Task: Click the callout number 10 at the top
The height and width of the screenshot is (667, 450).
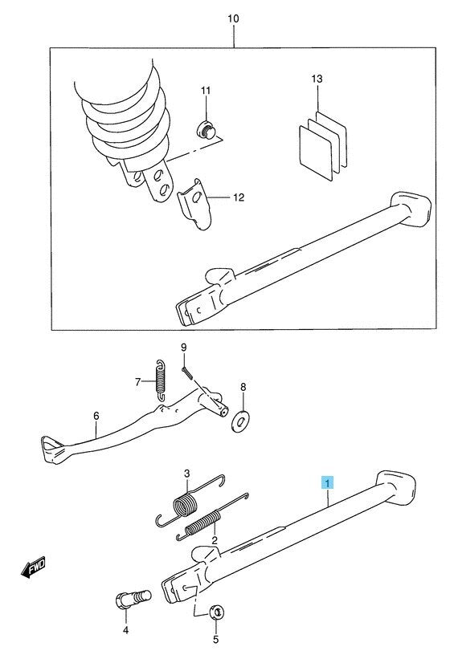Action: [233, 17]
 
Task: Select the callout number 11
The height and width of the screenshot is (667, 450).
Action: [205, 92]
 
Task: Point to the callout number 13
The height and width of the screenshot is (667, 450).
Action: [317, 79]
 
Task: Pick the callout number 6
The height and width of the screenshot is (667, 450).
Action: [96, 416]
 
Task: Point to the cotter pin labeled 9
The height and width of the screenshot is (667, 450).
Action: [187, 371]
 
